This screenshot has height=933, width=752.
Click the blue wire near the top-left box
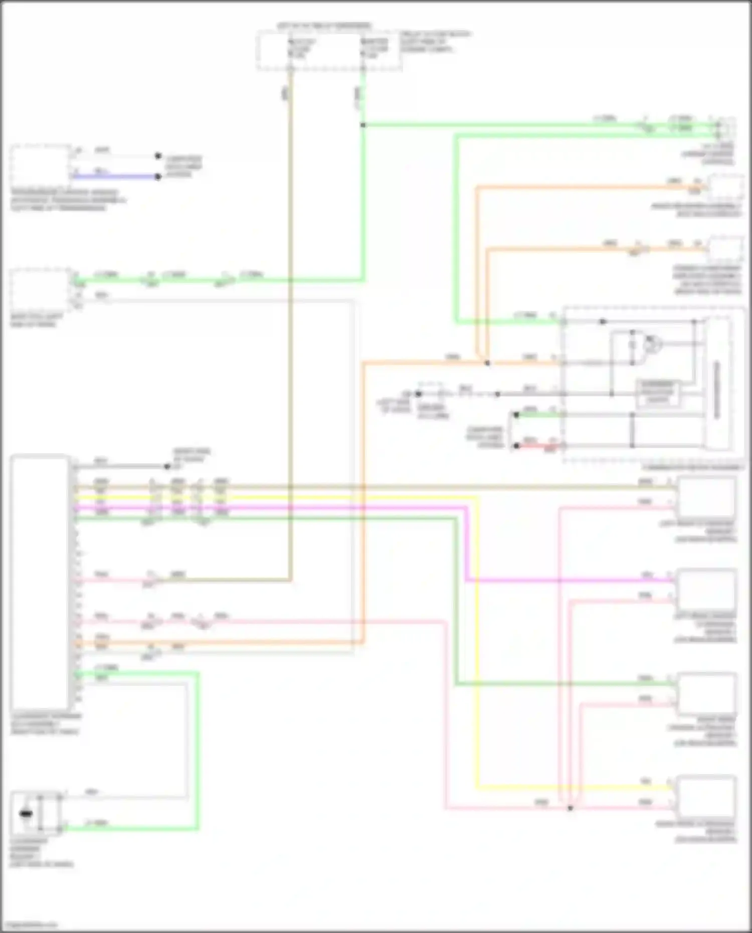pos(115,176)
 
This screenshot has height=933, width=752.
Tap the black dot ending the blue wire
pos(158,176)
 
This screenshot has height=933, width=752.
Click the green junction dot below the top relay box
pos(363,125)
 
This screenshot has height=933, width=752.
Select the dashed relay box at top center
pos(329,50)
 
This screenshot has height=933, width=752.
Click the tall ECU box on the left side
pos(39,582)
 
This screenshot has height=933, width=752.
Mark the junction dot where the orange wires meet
pos(487,362)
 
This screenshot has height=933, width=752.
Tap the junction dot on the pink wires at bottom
pos(570,808)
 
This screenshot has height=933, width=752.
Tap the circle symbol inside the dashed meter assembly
pos(652,343)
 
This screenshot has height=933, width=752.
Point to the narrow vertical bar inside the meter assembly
pos(716,389)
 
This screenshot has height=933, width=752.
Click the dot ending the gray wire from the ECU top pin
pos(167,466)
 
